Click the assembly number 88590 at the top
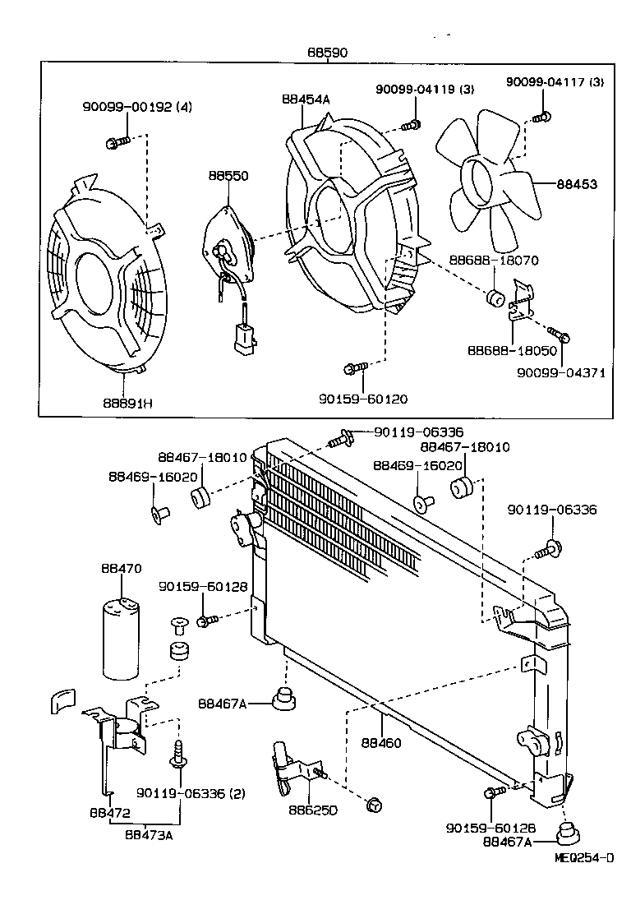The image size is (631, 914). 326,52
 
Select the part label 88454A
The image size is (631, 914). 305,99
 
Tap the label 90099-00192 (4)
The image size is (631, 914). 137,106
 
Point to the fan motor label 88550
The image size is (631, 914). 228,176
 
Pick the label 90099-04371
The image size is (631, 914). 560,372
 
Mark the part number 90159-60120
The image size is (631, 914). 363,399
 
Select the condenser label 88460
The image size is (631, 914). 381,742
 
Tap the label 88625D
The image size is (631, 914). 309,810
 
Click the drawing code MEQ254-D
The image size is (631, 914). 583,858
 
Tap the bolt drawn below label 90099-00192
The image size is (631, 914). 116,143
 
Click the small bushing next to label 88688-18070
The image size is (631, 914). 495,297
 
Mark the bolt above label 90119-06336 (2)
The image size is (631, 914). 177,752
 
